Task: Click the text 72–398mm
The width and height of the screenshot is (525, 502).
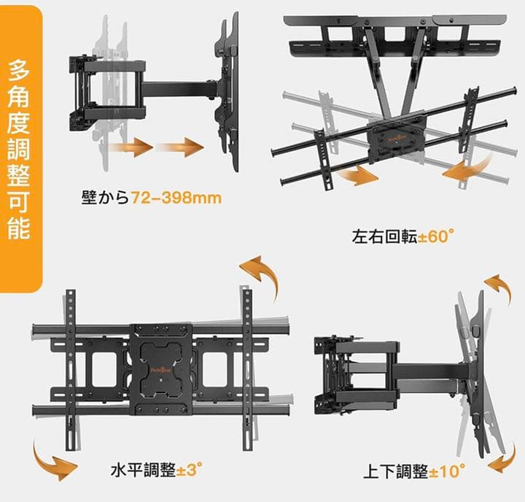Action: coord(176,198)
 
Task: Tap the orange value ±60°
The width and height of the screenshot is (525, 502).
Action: coord(436,237)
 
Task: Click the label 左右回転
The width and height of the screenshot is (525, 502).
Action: coord(384,237)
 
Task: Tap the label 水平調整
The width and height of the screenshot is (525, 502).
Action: coord(143,470)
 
